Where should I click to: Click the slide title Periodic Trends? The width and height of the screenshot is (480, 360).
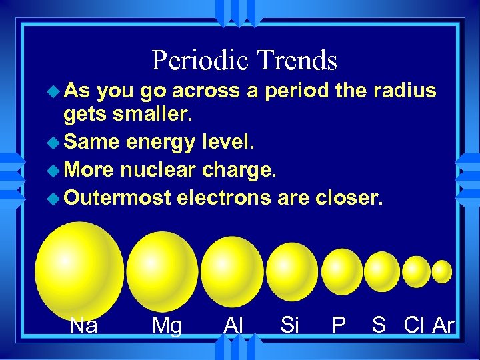[244, 60]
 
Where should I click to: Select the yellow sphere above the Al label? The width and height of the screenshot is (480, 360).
[232, 271]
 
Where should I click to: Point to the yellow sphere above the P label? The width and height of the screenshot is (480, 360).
[343, 271]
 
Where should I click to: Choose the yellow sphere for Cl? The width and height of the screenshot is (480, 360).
[417, 271]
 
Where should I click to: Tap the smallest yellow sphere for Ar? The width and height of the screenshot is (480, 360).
[442, 271]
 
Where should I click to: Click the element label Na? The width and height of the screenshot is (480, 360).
[84, 325]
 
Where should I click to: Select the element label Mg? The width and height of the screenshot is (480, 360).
[167, 325]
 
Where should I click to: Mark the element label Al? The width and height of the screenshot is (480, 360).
[233, 325]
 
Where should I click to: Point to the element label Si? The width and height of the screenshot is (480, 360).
[289, 325]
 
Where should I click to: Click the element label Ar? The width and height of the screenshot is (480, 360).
[443, 325]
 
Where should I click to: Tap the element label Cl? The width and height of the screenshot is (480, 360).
[415, 325]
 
